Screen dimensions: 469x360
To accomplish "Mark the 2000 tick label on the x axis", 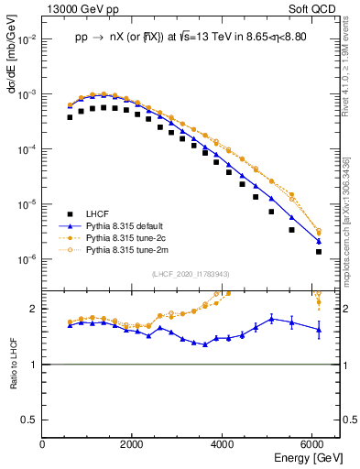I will (133, 445).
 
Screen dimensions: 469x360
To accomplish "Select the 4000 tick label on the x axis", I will (224, 445).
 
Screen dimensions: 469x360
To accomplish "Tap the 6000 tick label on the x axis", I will (313, 445).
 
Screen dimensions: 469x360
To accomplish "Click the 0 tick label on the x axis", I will (43, 445).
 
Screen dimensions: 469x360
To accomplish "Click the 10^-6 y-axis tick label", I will (27, 259).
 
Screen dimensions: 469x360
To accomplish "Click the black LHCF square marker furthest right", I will (318, 251).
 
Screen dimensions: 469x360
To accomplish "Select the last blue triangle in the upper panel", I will (318, 241).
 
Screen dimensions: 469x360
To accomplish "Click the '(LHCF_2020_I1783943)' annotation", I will (190, 274).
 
